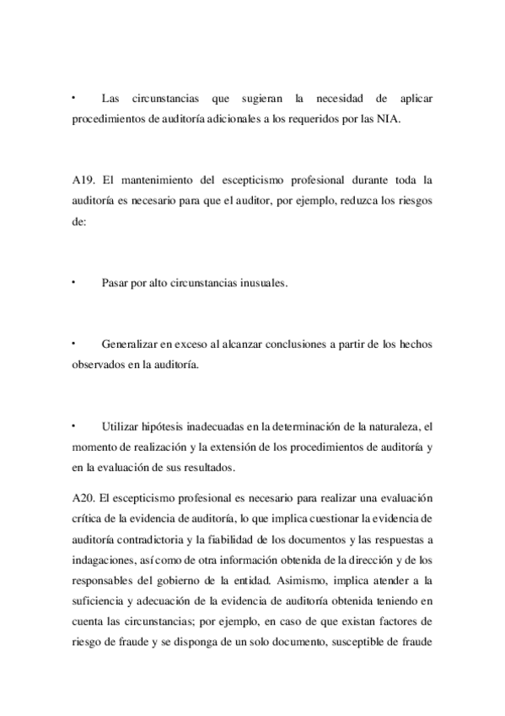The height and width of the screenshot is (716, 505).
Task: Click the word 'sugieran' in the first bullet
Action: [x=253, y=100]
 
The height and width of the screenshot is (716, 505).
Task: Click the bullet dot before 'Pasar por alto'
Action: [x=74, y=281]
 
